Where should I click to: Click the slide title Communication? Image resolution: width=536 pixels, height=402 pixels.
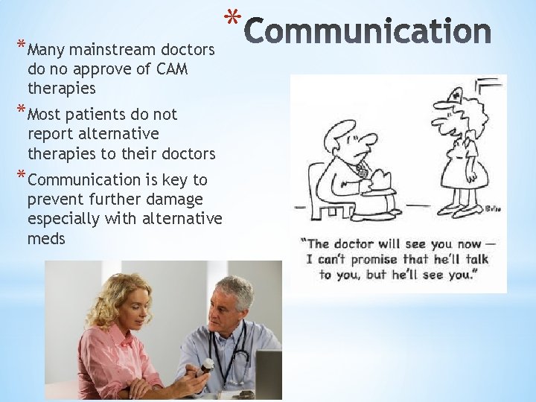(368, 32)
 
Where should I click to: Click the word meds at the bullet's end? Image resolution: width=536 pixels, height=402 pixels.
(46, 238)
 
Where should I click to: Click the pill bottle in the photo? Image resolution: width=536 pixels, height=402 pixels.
(208, 367)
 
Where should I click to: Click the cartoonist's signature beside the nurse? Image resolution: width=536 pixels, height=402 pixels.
(493, 208)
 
